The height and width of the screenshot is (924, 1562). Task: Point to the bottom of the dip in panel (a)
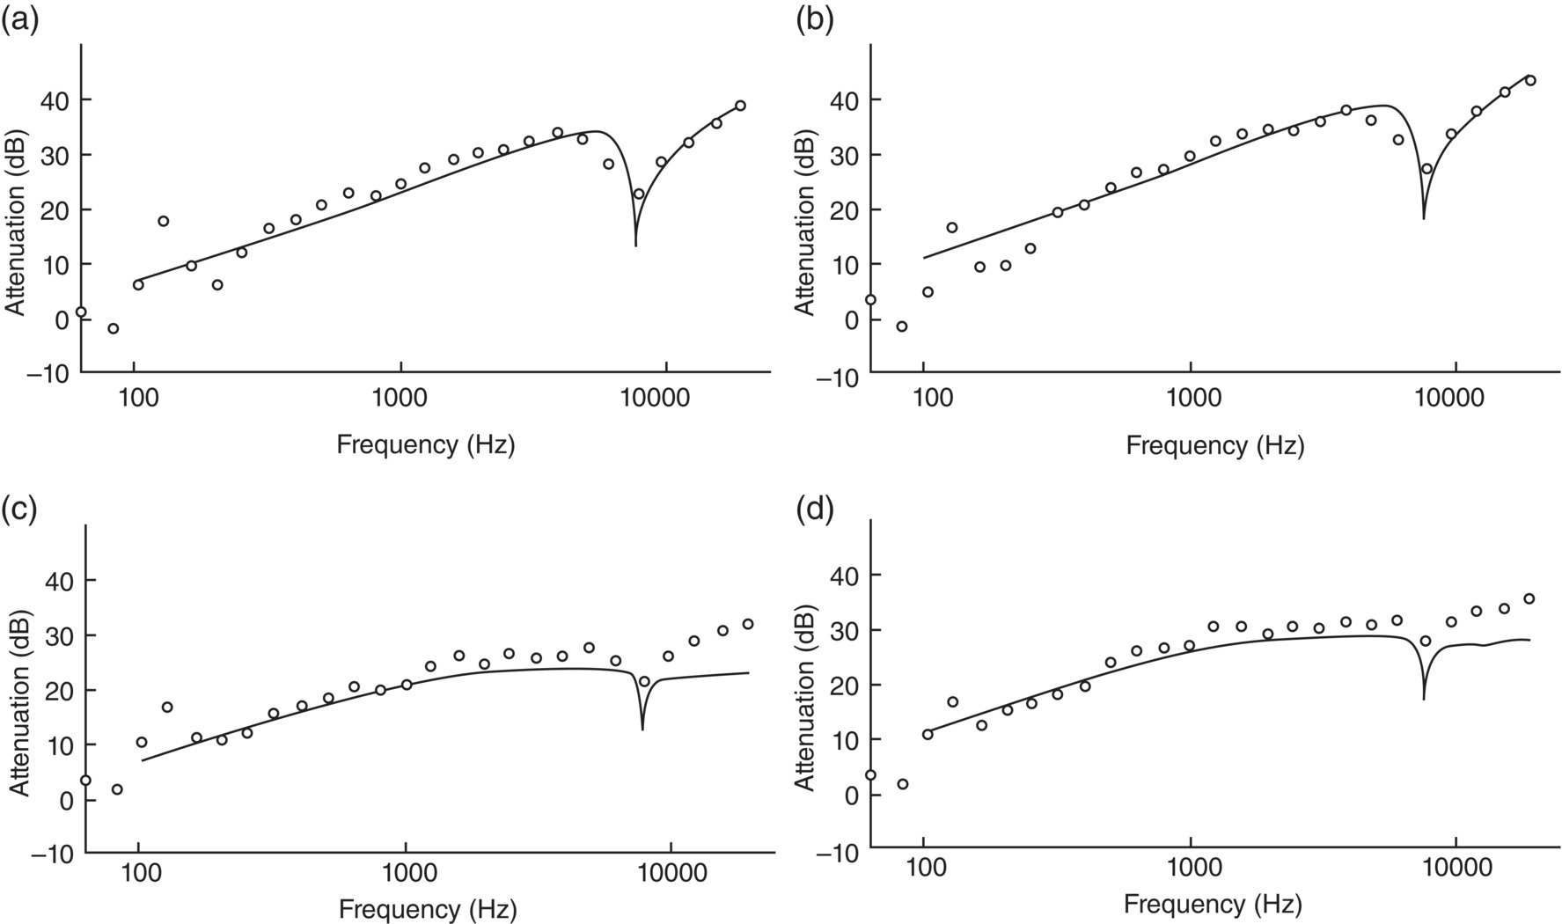[x=635, y=245]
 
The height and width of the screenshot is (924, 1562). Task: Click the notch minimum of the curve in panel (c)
[x=642, y=729]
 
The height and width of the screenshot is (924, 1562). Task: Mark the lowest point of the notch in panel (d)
[x=1424, y=700]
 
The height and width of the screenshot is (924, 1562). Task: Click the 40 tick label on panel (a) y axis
[x=54, y=99]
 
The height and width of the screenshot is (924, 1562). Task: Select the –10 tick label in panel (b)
[x=836, y=376]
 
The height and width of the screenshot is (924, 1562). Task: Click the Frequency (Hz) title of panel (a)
[x=425, y=444]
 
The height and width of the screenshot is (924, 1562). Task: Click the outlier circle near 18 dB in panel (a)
[x=163, y=221]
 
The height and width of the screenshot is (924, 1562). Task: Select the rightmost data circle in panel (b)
[x=1530, y=80]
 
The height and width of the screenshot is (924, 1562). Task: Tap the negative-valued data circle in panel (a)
[x=113, y=328]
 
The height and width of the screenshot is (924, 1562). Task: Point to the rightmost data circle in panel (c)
[x=748, y=624]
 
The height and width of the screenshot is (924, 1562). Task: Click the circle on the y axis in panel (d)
[x=870, y=774]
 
